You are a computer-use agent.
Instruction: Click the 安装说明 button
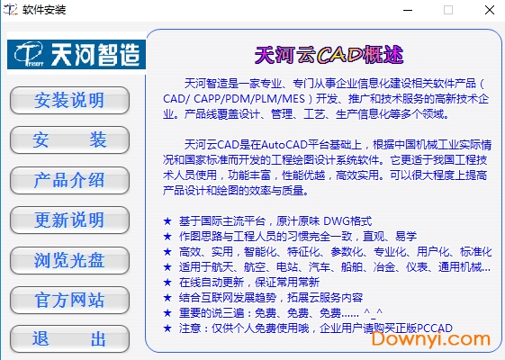coord(69,99)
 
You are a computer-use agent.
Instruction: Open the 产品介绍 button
coord(69,179)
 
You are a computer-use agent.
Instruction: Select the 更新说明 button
coord(69,220)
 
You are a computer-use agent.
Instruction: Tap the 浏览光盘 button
coord(69,260)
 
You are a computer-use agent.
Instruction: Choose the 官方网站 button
coord(69,300)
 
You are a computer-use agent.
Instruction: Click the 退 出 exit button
coord(69,339)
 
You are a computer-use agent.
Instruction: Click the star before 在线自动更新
coord(167,282)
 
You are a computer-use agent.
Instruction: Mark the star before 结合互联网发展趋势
coord(167,297)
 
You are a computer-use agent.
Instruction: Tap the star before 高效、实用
coord(167,251)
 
